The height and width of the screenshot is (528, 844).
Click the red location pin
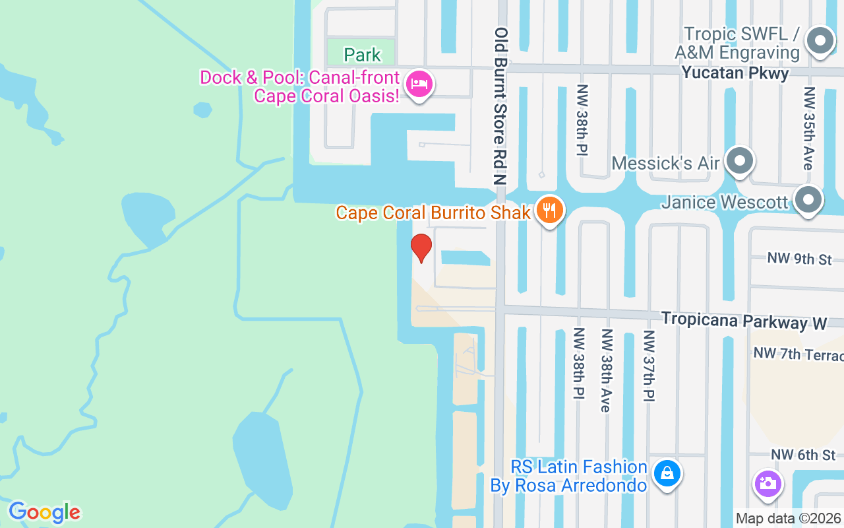coord(421,248)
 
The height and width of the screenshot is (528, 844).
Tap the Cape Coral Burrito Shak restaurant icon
coord(549,211)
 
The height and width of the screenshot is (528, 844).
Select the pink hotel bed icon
coord(419,84)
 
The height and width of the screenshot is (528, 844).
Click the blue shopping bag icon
coord(667,474)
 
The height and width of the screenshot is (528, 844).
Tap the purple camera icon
coord(768,483)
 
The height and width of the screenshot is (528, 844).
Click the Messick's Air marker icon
coord(740,161)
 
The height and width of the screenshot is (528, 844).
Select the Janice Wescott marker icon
coord(808,199)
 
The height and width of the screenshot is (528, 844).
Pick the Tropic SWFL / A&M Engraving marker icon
coord(820,41)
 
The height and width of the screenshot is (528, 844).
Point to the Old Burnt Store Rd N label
coord(502,106)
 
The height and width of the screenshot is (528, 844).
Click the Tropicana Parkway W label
coord(744,320)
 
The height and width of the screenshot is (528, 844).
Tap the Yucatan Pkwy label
coord(735,73)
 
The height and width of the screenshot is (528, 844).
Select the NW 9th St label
coord(799,258)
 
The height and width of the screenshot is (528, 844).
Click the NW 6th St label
coord(803,455)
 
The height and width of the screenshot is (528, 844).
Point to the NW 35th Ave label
coord(809,129)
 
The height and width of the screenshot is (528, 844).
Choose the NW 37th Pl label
coord(648,367)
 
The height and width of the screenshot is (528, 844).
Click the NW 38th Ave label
coord(605,370)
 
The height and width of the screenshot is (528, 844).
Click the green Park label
coord(362,54)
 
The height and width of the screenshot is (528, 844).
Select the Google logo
coord(44,512)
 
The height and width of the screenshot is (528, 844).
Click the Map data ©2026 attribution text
coord(789,519)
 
